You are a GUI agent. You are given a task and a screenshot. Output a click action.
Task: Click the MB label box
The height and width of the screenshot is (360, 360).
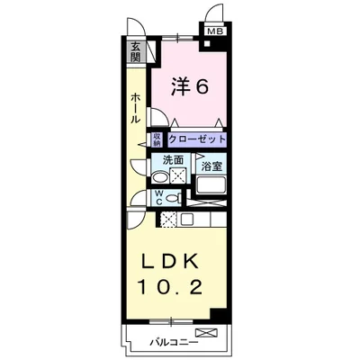point(214,33)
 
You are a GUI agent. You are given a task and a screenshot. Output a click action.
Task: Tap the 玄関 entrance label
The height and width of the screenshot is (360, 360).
point(135,53)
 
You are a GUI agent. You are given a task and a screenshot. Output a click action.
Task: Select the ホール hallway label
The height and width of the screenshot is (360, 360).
point(134,107)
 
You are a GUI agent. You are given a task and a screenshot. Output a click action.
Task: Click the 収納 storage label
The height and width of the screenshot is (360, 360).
point(156,139)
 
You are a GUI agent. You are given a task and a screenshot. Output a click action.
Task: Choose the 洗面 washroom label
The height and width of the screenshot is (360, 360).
point(174,160)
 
